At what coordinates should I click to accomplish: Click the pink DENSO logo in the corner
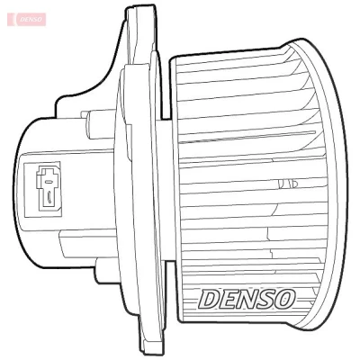[x=27, y=19]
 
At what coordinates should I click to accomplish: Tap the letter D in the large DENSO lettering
[x=209, y=300]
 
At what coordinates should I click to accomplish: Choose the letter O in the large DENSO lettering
[x=284, y=300]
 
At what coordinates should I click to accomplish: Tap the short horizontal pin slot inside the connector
[x=48, y=181]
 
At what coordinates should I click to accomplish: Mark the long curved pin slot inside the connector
[x=49, y=198]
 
